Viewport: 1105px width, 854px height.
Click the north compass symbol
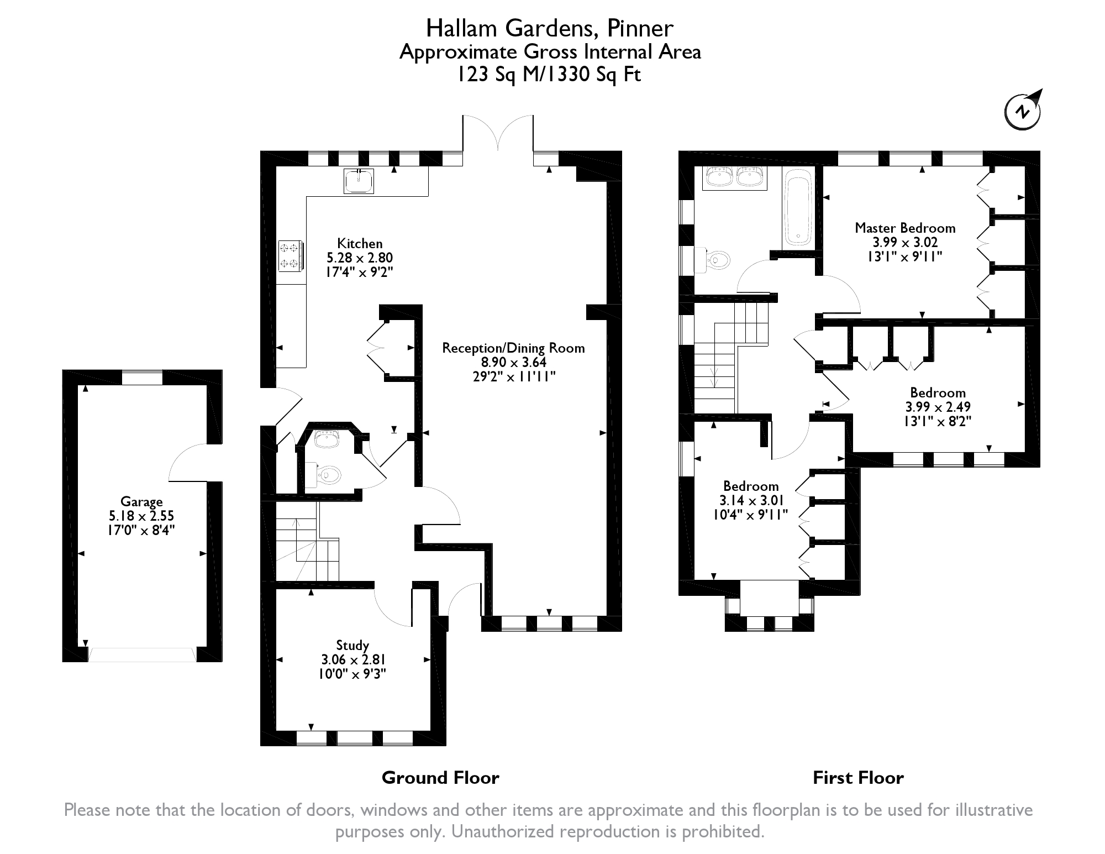click(x=1023, y=112)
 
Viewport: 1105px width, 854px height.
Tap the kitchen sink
click(x=359, y=181)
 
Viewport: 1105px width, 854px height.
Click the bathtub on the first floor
click(x=797, y=208)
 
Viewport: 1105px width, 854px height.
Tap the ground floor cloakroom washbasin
click(x=326, y=439)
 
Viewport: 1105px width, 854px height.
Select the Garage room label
click(x=141, y=502)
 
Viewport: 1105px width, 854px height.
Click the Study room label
click(x=352, y=645)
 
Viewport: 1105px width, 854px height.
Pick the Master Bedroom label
click(x=905, y=228)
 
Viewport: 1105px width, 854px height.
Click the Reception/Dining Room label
click(x=513, y=348)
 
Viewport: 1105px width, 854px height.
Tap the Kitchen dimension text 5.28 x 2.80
click(x=360, y=258)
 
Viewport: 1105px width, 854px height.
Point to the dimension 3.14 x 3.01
click(x=751, y=500)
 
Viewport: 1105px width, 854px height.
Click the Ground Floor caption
click(x=440, y=778)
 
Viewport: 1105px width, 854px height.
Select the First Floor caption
click(x=858, y=778)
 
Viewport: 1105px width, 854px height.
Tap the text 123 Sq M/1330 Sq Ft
click(x=550, y=74)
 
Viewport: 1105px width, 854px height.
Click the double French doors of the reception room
click(x=498, y=133)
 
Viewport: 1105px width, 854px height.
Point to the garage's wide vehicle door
click(x=142, y=654)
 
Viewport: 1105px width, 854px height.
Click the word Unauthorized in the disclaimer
click(x=509, y=831)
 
